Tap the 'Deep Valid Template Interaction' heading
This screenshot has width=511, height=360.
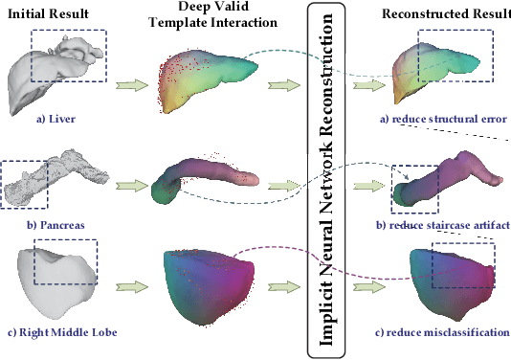pyautogui.click(x=208, y=21)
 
